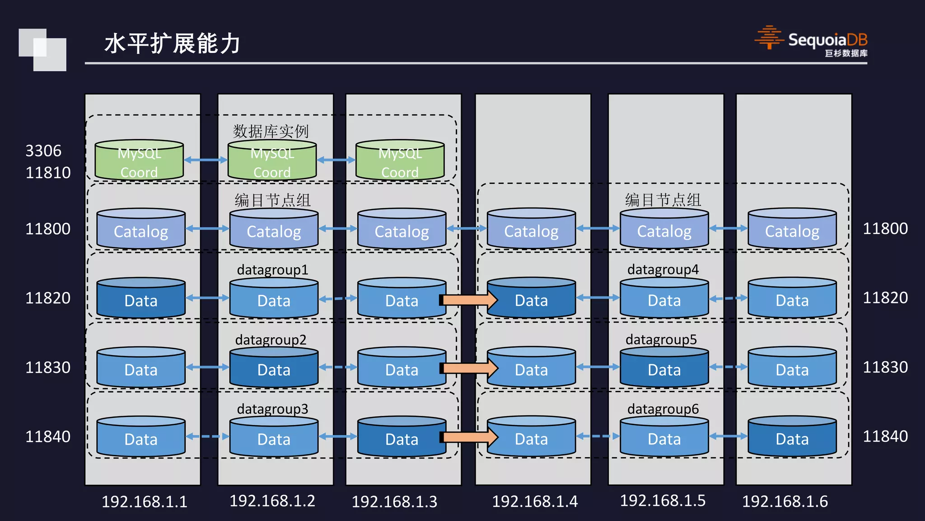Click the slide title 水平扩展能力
(173, 44)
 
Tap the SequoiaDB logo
(811, 41)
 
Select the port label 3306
(43, 151)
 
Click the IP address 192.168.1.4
(534, 502)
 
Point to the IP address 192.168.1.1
(145, 502)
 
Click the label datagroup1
(272, 270)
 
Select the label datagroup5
(661, 340)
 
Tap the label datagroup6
(663, 409)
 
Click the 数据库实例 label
(271, 132)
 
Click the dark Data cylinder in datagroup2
(274, 368)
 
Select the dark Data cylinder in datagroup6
(792, 437)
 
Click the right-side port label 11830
(885, 367)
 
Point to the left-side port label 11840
(48, 437)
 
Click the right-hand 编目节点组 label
(663, 200)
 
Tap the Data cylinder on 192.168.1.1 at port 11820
(141, 299)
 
